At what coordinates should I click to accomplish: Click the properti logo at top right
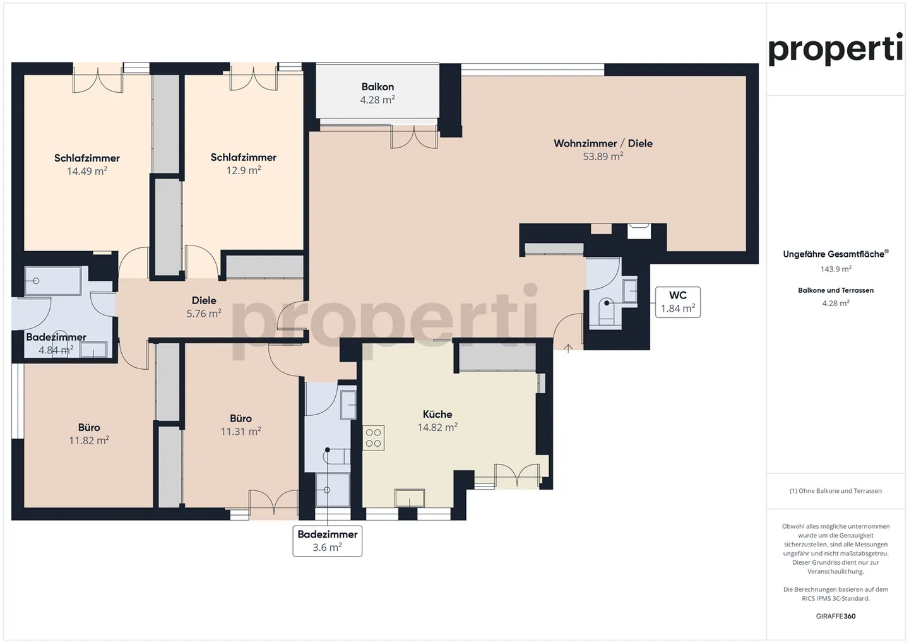835,49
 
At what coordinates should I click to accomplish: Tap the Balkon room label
377,87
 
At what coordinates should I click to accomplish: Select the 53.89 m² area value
603,156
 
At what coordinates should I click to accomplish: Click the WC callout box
677,302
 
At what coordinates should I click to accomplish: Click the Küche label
437,415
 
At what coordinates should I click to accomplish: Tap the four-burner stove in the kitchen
374,438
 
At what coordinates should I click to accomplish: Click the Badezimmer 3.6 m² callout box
327,541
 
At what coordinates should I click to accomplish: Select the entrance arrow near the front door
568,348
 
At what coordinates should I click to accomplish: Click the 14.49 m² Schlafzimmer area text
87,171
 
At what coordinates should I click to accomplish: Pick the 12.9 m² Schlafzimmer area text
244,170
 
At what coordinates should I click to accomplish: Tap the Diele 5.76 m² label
204,307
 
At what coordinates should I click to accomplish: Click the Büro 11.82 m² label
89,434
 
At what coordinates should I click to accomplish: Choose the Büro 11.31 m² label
241,425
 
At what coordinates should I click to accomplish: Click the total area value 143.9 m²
836,269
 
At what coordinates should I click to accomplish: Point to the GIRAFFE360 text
836,616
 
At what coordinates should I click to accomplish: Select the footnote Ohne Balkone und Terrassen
836,491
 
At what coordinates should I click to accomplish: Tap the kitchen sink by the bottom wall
410,498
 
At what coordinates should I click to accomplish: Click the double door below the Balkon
414,137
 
